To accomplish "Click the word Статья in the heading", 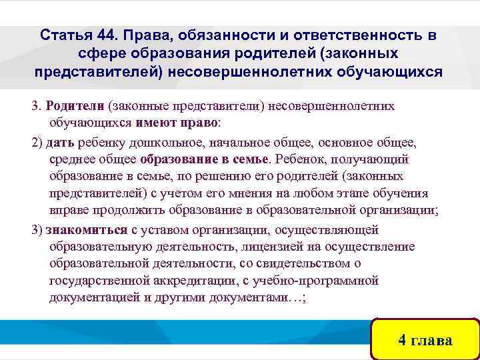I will [65, 34].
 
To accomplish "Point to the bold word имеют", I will [156, 123].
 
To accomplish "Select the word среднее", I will [71, 160].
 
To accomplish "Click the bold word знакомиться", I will [87, 230].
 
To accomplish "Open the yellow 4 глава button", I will [425, 339].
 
